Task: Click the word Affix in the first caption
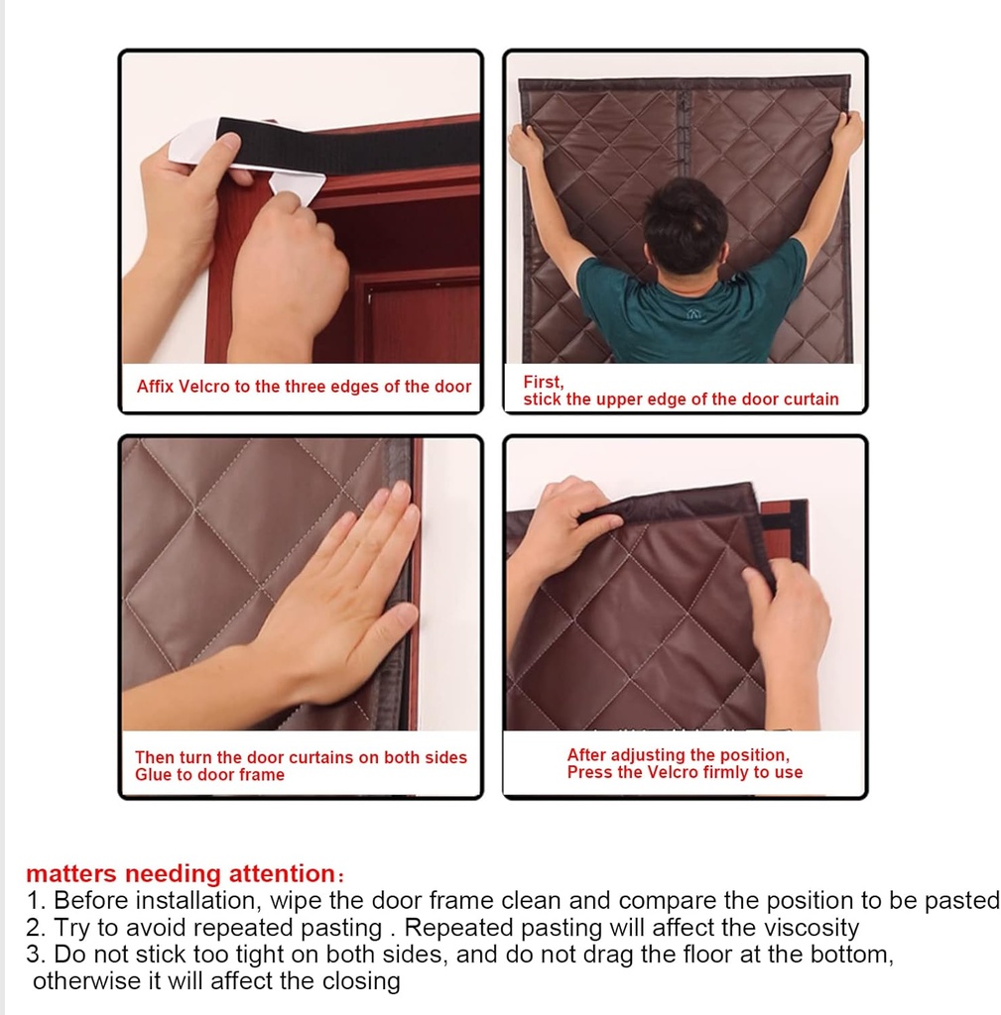(x=154, y=387)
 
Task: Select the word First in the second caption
(x=543, y=382)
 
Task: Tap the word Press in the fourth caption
(x=589, y=772)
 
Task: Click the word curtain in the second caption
(x=808, y=399)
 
